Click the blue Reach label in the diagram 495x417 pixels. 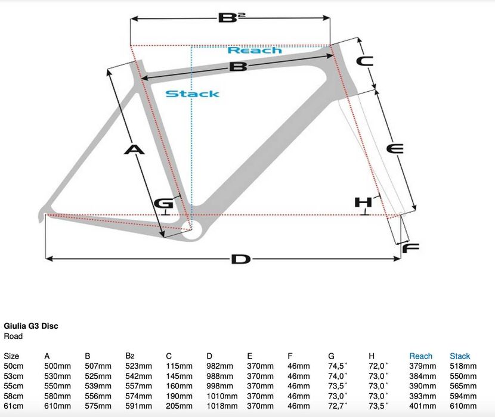255,50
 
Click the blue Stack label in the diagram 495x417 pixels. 192,94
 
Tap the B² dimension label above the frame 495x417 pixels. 232,18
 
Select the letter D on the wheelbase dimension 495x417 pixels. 241,259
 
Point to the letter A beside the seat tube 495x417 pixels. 134,150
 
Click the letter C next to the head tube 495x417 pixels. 364,61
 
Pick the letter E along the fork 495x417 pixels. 395,148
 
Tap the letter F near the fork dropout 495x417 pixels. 411,248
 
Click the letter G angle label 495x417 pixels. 163,204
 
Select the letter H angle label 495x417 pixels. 363,202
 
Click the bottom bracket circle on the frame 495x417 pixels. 193,230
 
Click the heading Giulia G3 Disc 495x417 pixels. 31,326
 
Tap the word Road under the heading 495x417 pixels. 13,336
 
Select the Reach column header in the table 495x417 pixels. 421,356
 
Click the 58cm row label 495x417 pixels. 14,396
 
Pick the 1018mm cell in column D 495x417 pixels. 222,406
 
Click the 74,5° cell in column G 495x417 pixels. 338,366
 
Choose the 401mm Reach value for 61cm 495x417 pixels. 423,406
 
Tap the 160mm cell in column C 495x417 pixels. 180,386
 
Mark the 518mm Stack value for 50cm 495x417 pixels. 463,366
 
